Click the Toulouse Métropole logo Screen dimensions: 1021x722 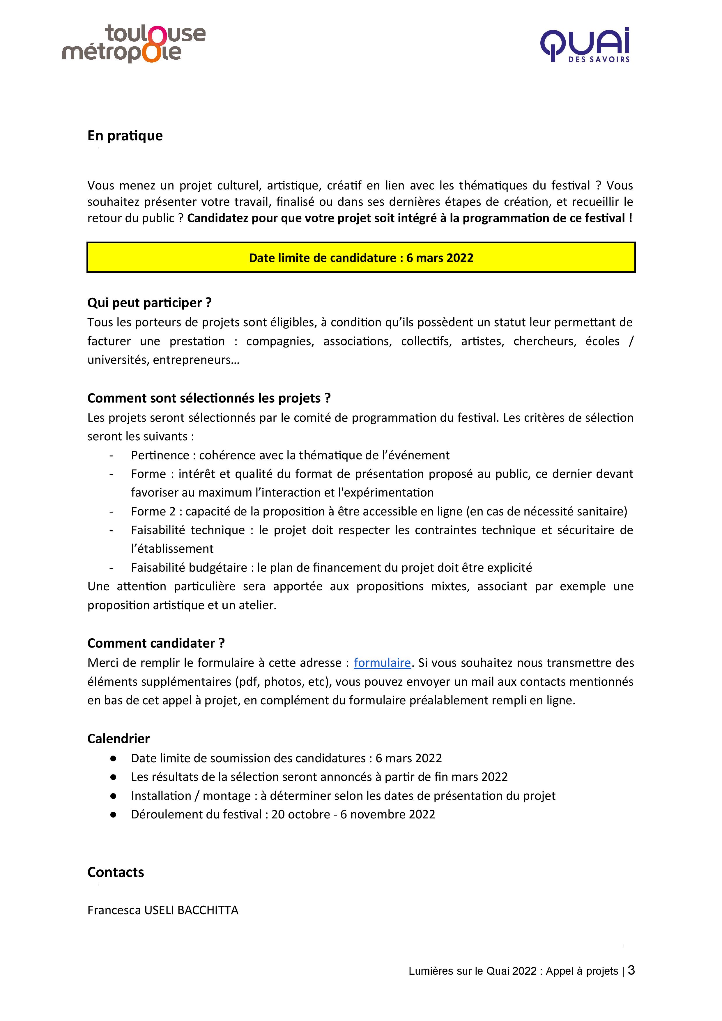pos(133,44)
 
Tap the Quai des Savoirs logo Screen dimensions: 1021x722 pos(585,45)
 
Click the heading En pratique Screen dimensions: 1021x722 pos(125,136)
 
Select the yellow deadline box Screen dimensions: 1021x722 pos(361,258)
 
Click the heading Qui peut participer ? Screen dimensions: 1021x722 pos(149,303)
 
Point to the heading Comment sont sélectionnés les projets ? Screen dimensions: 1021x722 pos(209,398)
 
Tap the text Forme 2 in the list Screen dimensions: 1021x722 pos(153,511)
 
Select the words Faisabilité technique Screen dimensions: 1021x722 pos(188,530)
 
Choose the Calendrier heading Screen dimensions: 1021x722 pos(118,739)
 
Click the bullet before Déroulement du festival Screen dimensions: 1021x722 pos(114,814)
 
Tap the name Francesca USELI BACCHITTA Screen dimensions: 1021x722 pos(163,910)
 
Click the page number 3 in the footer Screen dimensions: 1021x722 pos(631,970)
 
